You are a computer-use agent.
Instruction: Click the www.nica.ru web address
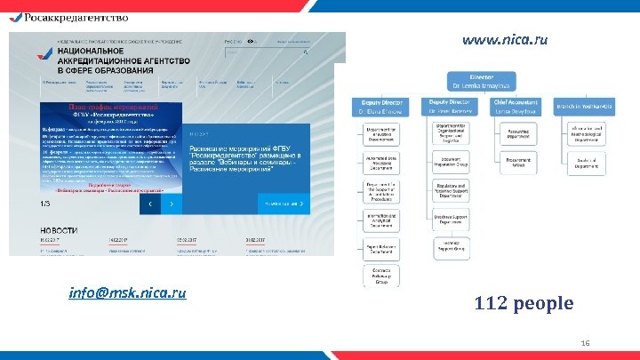tap(504, 40)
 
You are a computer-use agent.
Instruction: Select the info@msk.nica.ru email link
tap(127, 292)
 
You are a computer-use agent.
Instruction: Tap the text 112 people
tap(524, 304)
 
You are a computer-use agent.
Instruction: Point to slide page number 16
tap(585, 343)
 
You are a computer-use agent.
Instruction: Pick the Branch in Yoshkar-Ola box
tap(583, 108)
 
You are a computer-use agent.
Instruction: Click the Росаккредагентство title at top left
tap(72, 16)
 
